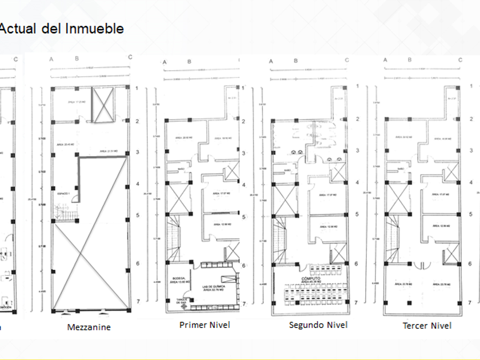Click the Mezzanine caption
pos(89,327)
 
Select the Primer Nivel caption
pos(205,325)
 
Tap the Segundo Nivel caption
pos(318,325)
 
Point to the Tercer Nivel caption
pos(427,325)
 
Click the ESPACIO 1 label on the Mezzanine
pos(63,195)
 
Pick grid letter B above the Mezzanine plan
pos(77,58)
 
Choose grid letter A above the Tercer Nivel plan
pos(385,60)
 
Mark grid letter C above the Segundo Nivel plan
pos(346,61)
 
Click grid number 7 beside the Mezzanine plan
pos(137,301)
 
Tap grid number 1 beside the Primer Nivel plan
pos(244,89)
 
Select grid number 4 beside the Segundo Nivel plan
pos(357,183)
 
